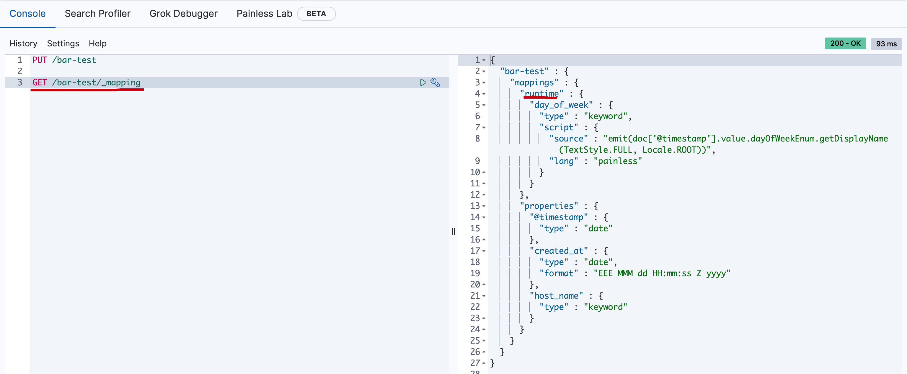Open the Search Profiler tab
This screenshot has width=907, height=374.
click(97, 14)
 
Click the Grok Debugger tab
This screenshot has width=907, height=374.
click(183, 14)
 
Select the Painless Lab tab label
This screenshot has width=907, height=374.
click(264, 14)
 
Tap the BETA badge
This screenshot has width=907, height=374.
click(316, 14)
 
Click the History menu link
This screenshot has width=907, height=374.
click(23, 43)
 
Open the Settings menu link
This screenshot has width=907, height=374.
click(63, 43)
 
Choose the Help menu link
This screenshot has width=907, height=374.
click(97, 43)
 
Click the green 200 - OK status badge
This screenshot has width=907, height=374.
click(845, 43)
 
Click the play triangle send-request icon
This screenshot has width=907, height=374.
click(423, 82)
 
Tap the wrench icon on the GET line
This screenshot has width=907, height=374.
click(435, 82)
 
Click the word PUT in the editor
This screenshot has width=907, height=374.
click(40, 60)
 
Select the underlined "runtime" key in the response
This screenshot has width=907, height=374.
click(541, 94)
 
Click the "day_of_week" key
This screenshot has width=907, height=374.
click(561, 105)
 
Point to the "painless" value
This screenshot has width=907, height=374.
click(618, 161)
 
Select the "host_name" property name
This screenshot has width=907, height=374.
click(556, 296)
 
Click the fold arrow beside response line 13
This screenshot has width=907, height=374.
click(484, 206)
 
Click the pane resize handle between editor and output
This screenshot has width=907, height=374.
click(453, 231)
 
